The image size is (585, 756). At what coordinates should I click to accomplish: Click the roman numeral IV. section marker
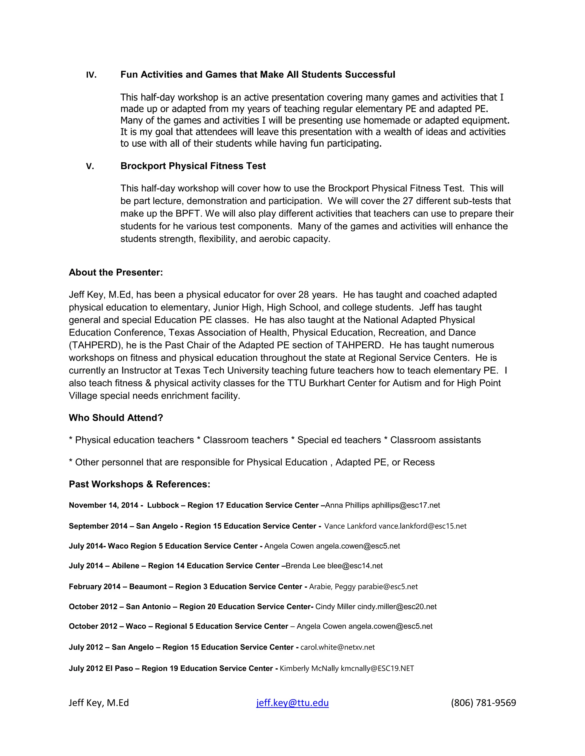[x=91, y=75]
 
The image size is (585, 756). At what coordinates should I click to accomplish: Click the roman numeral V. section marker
[x=90, y=167]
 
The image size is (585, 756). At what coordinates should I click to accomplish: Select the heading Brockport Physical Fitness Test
[x=193, y=166]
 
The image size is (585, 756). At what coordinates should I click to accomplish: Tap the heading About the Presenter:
[x=116, y=272]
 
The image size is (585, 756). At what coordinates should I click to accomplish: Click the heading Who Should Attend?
[x=116, y=418]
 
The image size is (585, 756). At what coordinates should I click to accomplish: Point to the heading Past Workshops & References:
[x=139, y=484]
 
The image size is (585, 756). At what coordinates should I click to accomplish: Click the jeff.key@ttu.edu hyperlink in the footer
[x=292, y=703]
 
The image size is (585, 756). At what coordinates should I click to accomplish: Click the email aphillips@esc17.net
[x=406, y=506]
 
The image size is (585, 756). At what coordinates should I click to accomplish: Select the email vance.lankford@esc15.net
[x=422, y=526]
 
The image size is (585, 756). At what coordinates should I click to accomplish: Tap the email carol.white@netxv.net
[x=338, y=647]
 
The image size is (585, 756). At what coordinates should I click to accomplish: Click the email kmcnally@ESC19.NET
[x=377, y=668]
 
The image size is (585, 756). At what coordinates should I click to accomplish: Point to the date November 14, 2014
[x=103, y=506]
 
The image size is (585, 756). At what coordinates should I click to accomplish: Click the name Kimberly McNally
[x=309, y=668]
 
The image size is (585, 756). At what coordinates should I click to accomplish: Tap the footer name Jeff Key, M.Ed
[x=99, y=703]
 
